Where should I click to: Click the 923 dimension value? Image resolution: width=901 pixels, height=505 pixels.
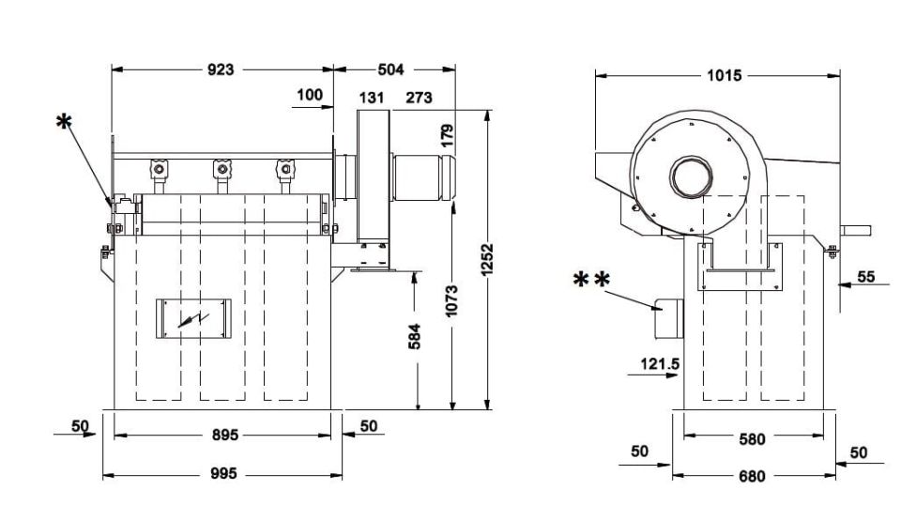221,69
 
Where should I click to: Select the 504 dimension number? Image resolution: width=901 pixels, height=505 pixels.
390,69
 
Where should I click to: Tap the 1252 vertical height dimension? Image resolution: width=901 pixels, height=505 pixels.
487,260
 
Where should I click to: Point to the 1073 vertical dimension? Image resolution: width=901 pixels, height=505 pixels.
451,300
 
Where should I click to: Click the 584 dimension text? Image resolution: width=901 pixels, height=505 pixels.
414,337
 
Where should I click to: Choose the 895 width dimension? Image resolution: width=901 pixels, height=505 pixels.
225,435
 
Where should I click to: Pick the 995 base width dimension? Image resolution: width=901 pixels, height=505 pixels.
223,473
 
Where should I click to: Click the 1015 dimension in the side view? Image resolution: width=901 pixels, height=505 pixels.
724,75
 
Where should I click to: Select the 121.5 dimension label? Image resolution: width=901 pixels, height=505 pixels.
660,363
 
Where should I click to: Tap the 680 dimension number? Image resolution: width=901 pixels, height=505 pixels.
752,476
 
